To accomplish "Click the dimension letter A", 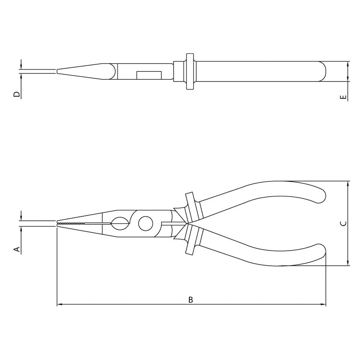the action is (17, 249).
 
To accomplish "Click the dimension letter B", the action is (190, 300).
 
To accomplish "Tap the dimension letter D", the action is (17, 94).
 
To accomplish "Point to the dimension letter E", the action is (343, 97).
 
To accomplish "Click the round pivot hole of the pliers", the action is (145, 224).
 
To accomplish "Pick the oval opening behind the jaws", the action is (120, 224).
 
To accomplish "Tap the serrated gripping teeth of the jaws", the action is (71, 223).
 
